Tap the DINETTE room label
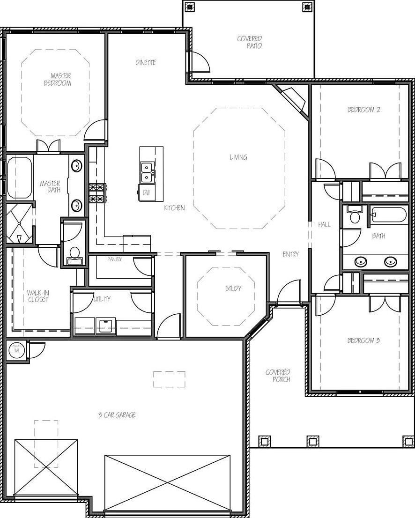(x=146, y=62)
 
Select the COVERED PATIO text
(x=250, y=42)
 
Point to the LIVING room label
(x=238, y=157)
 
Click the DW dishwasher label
(x=146, y=192)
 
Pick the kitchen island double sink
(x=147, y=172)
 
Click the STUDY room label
(x=233, y=289)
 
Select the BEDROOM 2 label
(x=363, y=110)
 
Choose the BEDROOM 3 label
(x=363, y=340)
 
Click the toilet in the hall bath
(x=355, y=215)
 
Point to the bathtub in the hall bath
(x=389, y=215)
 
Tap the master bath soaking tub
(x=19, y=178)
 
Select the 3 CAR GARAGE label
(x=117, y=415)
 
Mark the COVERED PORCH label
(x=278, y=376)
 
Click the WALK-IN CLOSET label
(x=38, y=296)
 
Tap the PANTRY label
(x=114, y=259)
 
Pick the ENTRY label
(x=290, y=254)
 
